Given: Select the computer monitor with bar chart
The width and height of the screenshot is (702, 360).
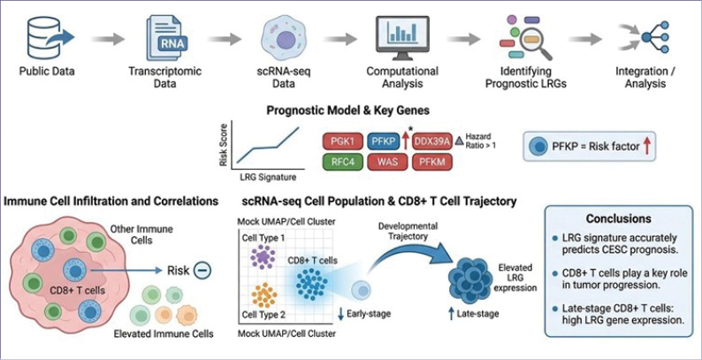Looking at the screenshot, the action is point(402,38).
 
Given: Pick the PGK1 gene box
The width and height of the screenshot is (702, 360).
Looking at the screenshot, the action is point(342,141).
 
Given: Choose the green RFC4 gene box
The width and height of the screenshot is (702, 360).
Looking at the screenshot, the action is point(342,161).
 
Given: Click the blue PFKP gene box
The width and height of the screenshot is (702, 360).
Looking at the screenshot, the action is point(382,141).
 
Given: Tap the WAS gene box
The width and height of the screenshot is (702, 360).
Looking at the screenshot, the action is point(388,161).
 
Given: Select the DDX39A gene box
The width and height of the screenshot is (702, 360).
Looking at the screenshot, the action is point(431,141).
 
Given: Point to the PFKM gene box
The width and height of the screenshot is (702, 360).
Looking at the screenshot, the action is point(431,161).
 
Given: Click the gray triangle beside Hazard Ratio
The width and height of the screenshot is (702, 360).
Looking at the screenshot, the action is point(460,142).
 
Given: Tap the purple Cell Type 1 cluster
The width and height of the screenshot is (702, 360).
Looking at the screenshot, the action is point(263,257).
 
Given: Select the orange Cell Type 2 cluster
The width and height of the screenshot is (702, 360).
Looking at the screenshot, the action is point(264,295).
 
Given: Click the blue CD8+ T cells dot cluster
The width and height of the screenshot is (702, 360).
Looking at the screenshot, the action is point(312,284).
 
